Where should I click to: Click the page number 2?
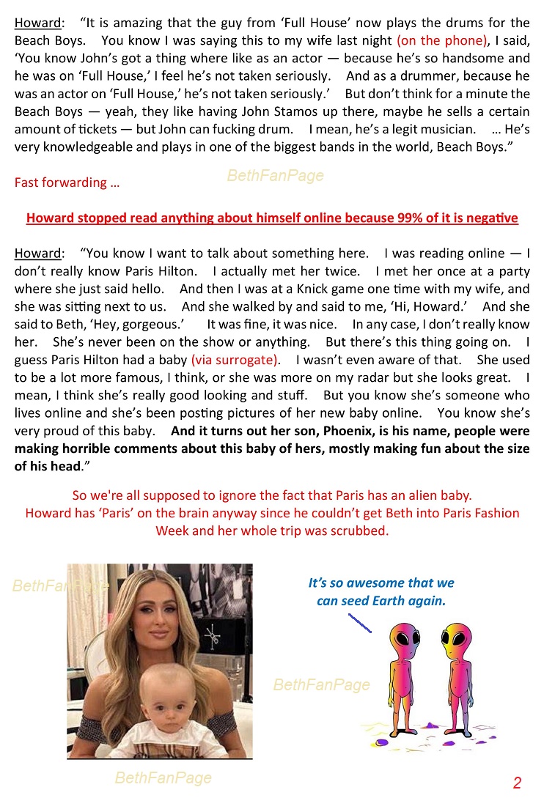(x=517, y=783)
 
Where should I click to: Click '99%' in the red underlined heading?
(x=399, y=218)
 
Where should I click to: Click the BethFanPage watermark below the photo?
(x=163, y=778)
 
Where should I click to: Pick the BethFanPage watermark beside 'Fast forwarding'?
(x=276, y=176)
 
